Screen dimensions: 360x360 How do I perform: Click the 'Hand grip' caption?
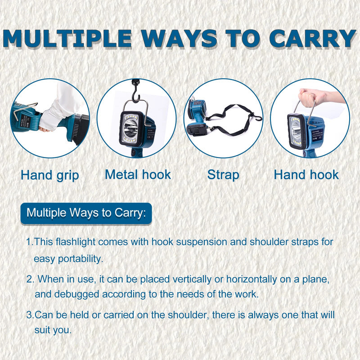[x=50, y=175]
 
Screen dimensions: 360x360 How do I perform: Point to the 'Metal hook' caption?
[x=138, y=175]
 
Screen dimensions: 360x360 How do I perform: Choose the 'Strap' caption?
[x=223, y=175]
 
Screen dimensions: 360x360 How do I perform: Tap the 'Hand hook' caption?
[x=306, y=175]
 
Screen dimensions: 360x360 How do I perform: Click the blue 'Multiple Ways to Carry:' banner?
[x=86, y=213]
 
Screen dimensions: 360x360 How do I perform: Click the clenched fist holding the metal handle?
[x=308, y=97]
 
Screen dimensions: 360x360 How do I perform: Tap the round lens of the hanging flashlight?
[x=129, y=130]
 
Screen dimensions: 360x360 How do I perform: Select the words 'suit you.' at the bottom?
[x=53, y=330]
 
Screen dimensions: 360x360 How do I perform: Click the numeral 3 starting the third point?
[x=29, y=315]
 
